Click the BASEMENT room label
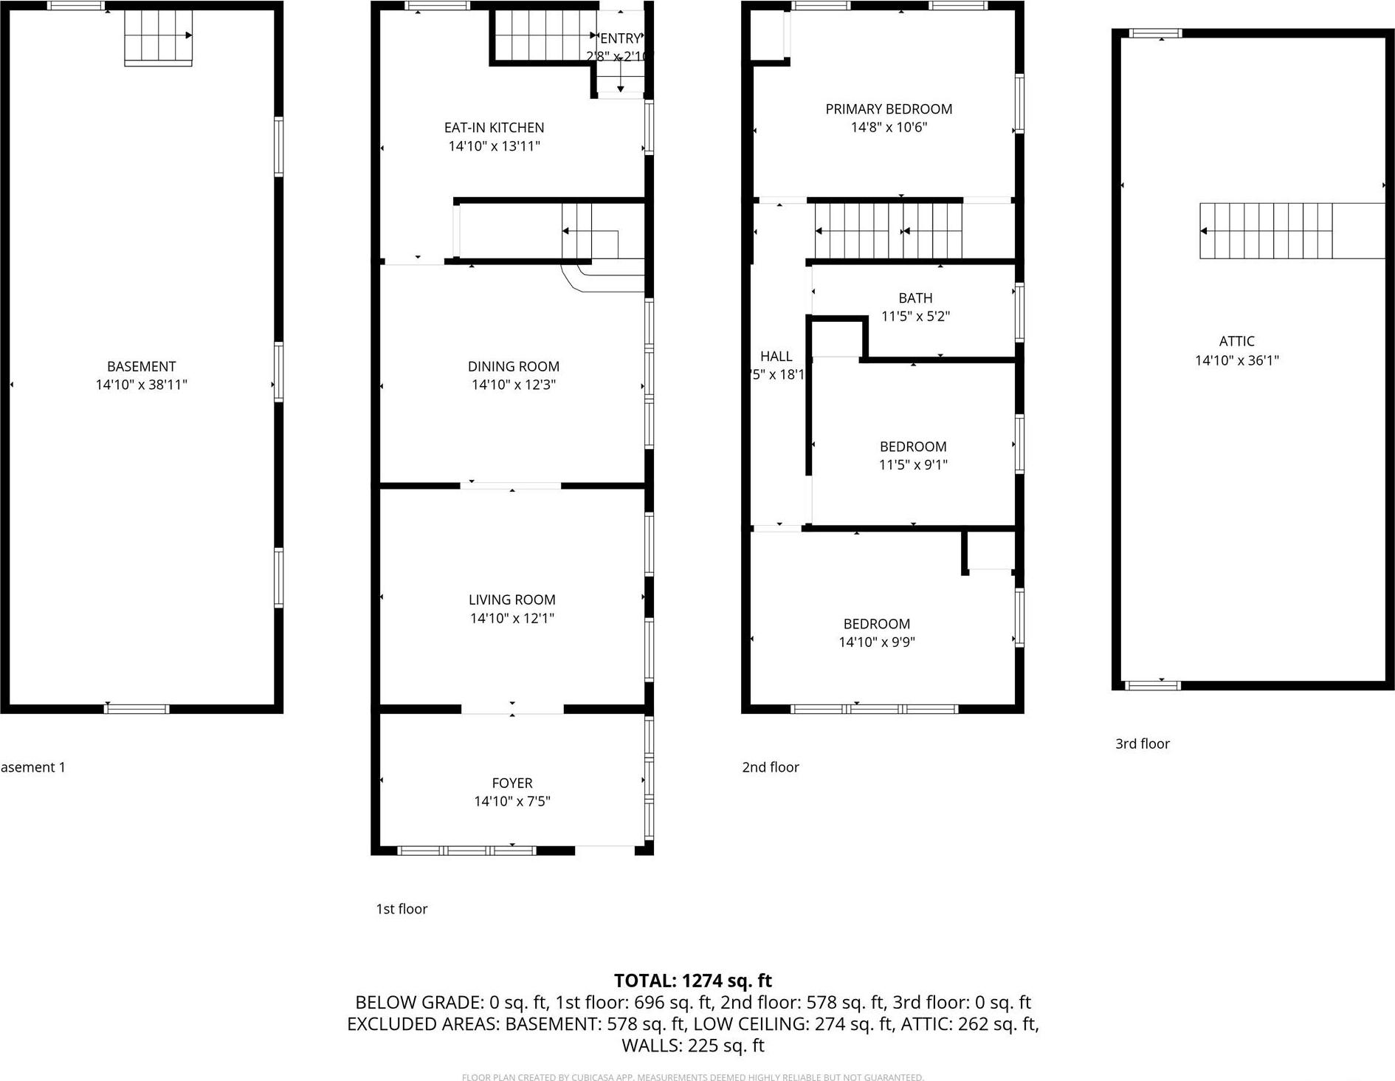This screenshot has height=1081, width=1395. [x=141, y=366]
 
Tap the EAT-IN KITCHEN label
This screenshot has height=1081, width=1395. [x=494, y=128]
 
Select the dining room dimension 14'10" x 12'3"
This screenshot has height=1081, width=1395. [x=513, y=385]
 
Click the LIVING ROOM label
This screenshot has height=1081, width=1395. [x=512, y=600]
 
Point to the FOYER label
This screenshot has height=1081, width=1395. [x=512, y=783]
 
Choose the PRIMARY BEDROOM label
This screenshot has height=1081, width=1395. [x=889, y=109]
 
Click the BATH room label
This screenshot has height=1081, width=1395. [x=915, y=298]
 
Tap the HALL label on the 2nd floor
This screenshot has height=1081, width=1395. [x=776, y=357]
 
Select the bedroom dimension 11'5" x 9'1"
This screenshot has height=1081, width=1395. [x=913, y=464]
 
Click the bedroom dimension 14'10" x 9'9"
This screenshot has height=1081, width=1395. [x=876, y=642]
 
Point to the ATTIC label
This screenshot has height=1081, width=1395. [x=1236, y=341]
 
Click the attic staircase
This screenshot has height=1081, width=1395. [x=1267, y=231]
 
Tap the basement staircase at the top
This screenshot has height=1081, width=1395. [x=158, y=36]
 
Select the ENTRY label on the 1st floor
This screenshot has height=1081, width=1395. [x=620, y=38]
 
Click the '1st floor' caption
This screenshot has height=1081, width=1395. [x=402, y=909]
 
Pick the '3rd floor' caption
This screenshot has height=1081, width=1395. [x=1142, y=744]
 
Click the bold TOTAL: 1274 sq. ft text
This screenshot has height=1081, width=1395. [x=692, y=981]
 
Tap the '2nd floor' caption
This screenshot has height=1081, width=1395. [x=771, y=767]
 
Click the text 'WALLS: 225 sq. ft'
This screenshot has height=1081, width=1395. [x=692, y=1046]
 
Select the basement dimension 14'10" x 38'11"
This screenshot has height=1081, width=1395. [x=141, y=385]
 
